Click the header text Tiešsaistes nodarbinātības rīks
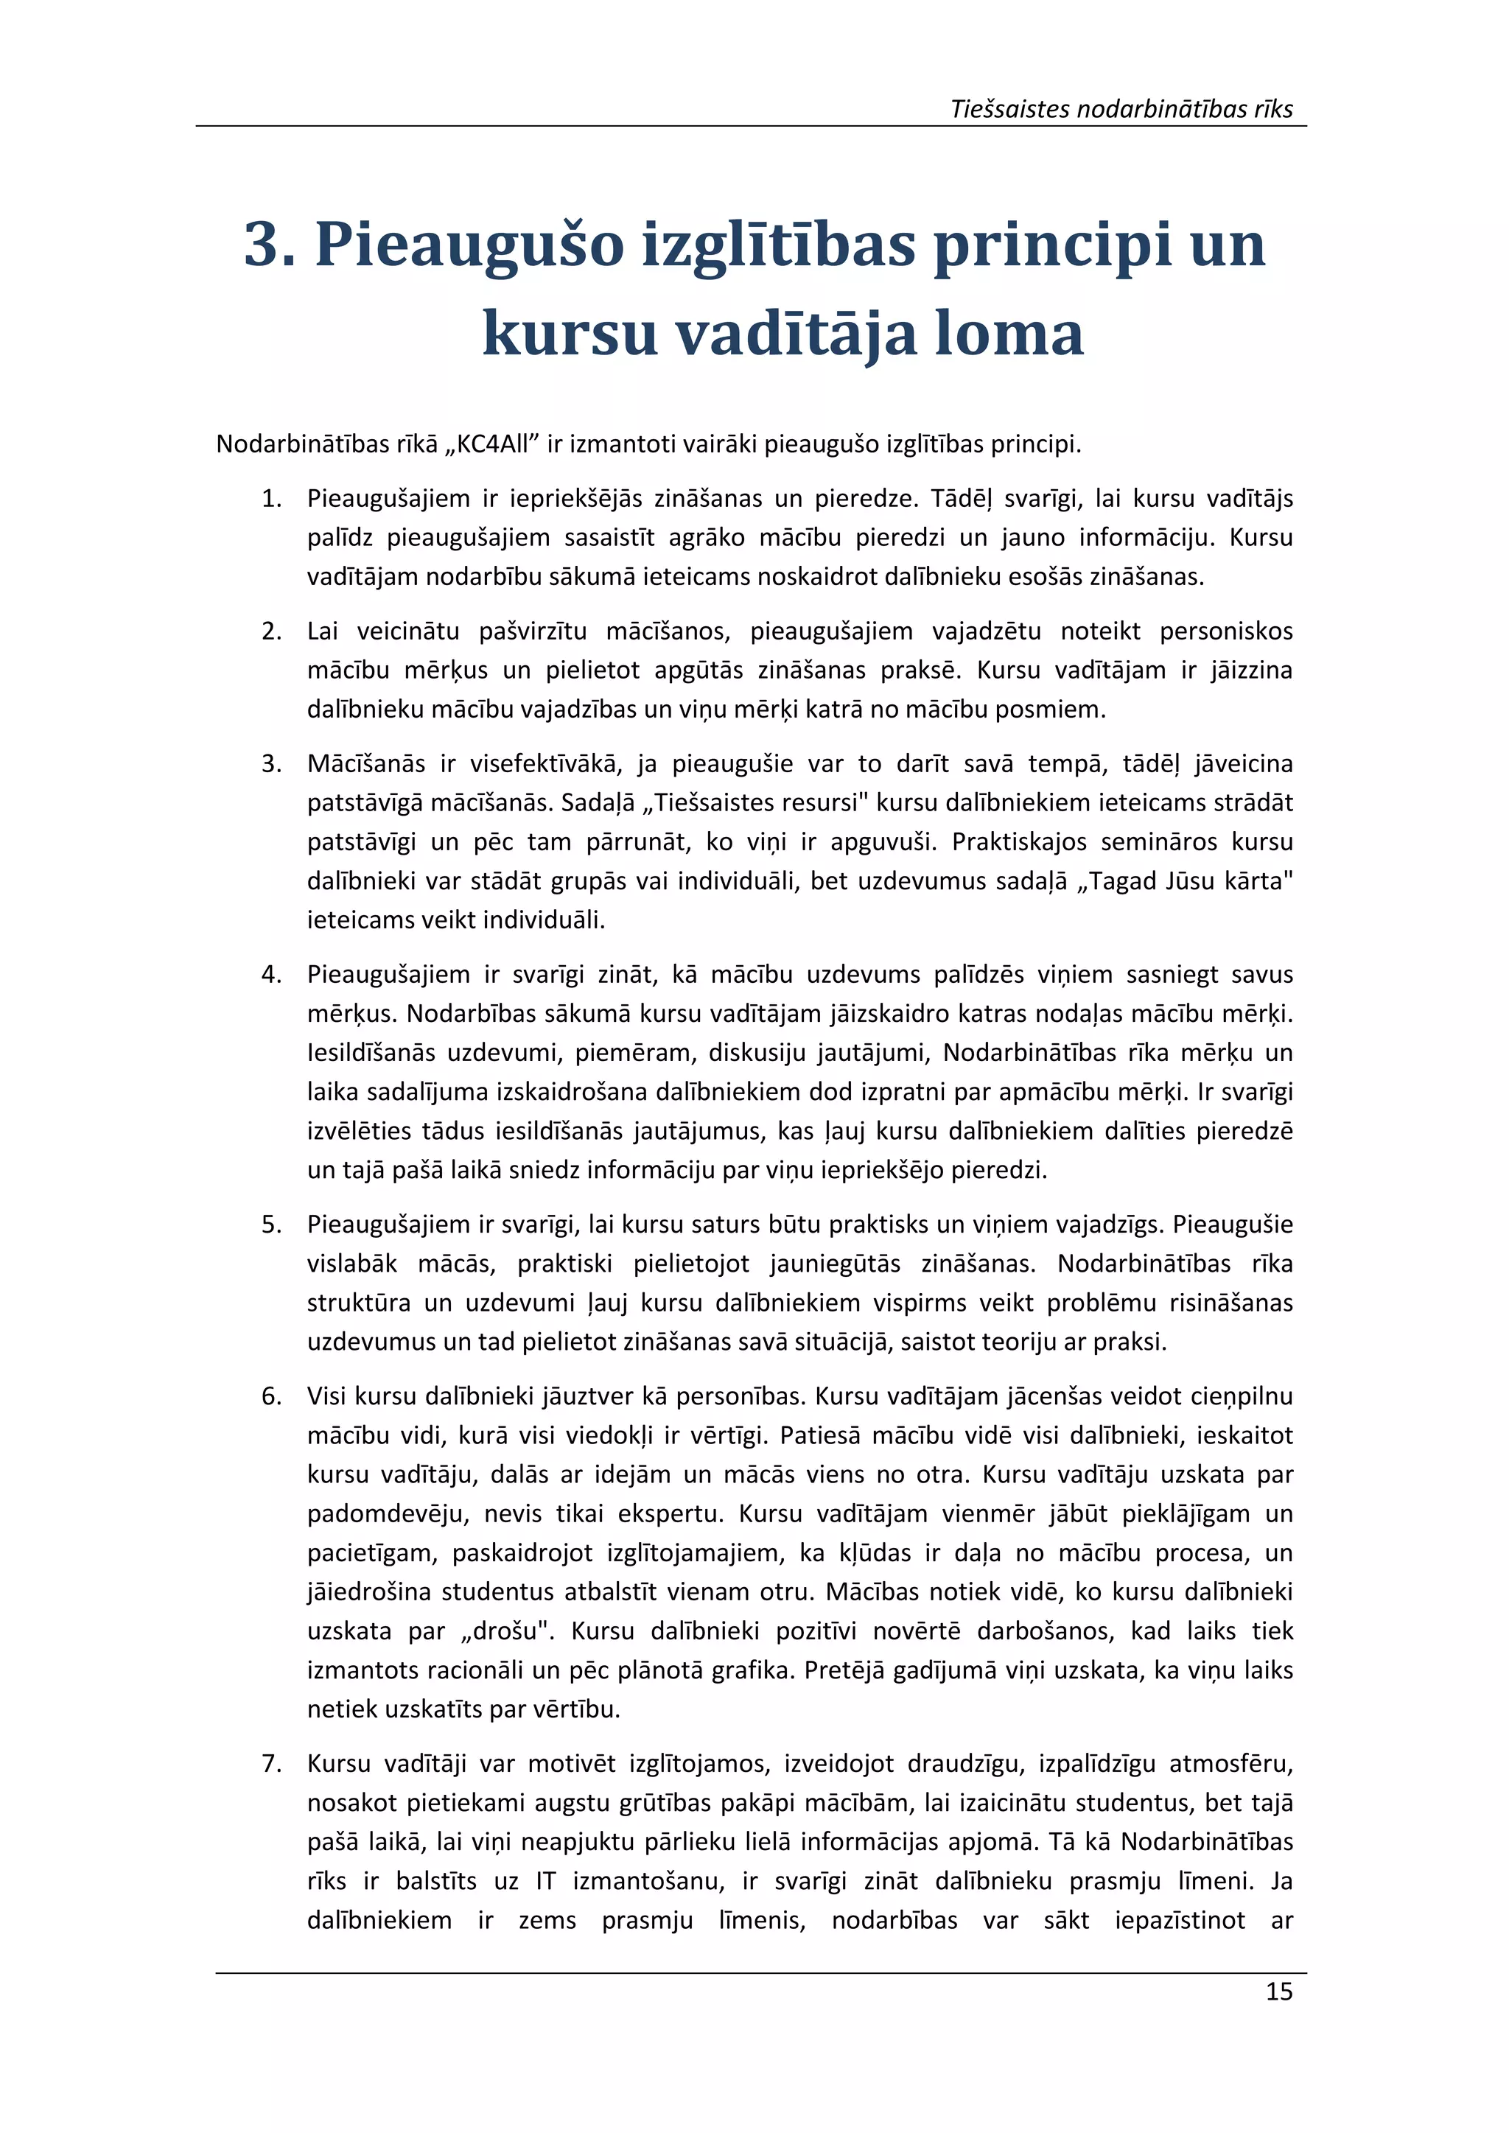tap(1121, 110)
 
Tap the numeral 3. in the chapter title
tap(270, 245)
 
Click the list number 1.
tap(271, 499)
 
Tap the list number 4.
tap(271, 975)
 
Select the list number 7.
tap(271, 1763)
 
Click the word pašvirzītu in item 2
tap(533, 631)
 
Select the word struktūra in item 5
tap(359, 1303)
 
